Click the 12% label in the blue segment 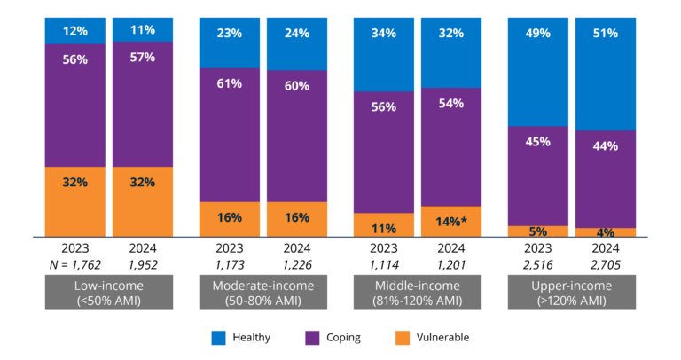[75, 31]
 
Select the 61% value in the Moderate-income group [230, 84]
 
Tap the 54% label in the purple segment [451, 104]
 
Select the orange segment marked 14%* [451, 221]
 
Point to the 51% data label [606, 34]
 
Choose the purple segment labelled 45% [538, 142]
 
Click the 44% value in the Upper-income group [606, 146]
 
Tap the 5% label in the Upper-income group [538, 231]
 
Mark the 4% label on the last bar [606, 232]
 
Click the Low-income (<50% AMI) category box [109, 293]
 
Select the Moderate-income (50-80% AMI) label [263, 293]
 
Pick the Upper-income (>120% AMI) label [572, 293]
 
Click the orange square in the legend [403, 338]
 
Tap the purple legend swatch [312, 338]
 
